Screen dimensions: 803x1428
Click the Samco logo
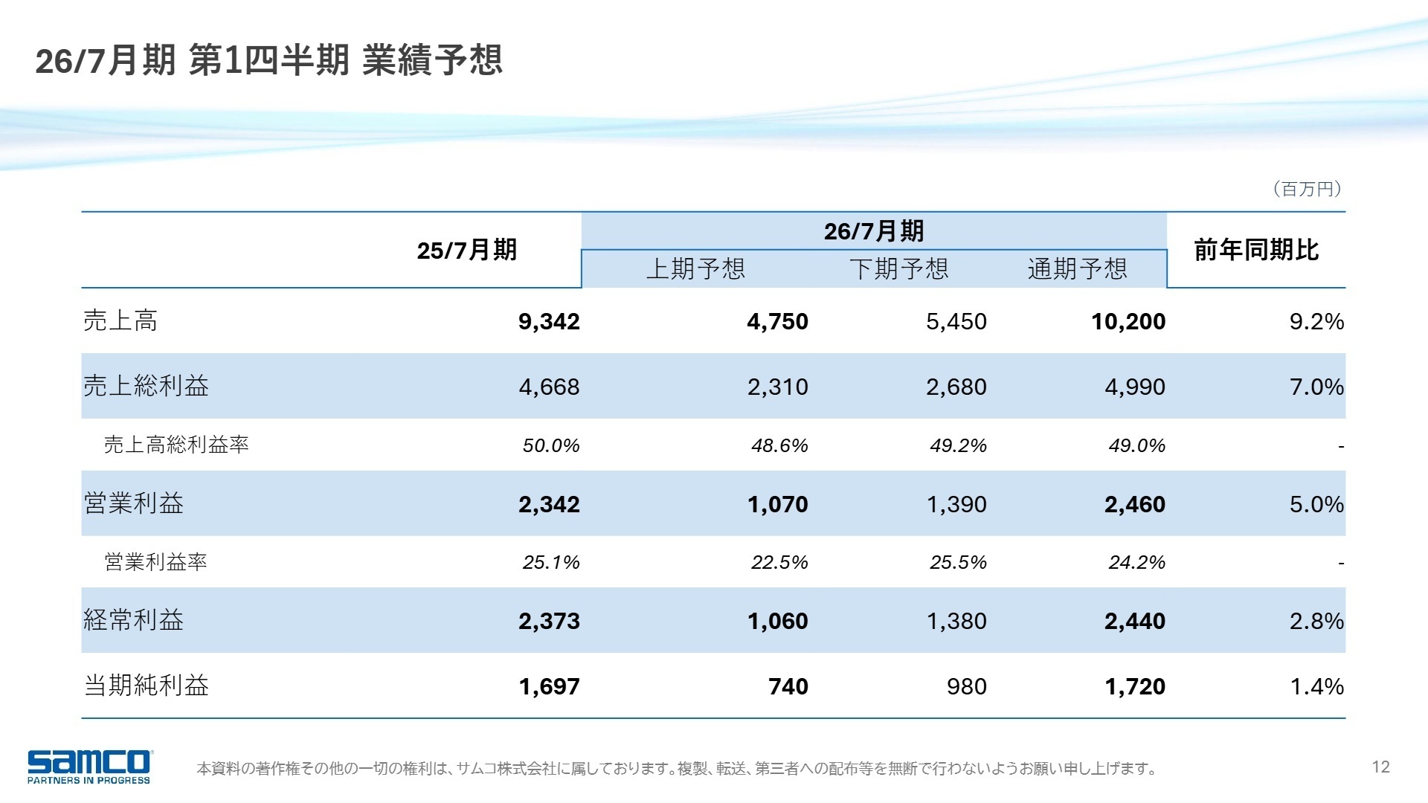click(89, 766)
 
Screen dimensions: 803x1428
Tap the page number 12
click(1380, 767)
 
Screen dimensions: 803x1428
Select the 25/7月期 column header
click(466, 251)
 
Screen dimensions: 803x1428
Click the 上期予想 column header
click(695, 268)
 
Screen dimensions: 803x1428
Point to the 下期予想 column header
click(898, 268)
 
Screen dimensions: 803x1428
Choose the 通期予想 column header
click(1077, 268)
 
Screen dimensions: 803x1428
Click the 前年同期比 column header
click(1255, 251)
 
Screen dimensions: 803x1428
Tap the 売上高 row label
click(120, 321)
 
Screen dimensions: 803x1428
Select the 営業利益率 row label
click(155, 562)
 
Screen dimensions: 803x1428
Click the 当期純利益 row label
click(147, 686)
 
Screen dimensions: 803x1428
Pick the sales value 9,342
click(549, 322)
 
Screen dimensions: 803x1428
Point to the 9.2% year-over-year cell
click(1316, 322)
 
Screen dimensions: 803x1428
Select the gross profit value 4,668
click(549, 387)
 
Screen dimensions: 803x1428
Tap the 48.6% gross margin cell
click(779, 446)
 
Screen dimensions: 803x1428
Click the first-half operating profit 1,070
click(777, 505)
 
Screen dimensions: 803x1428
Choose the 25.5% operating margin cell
click(958, 563)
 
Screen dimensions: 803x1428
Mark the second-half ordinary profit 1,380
click(956, 622)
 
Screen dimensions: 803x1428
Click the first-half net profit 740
click(788, 686)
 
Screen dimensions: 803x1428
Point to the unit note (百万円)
click(1308, 190)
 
